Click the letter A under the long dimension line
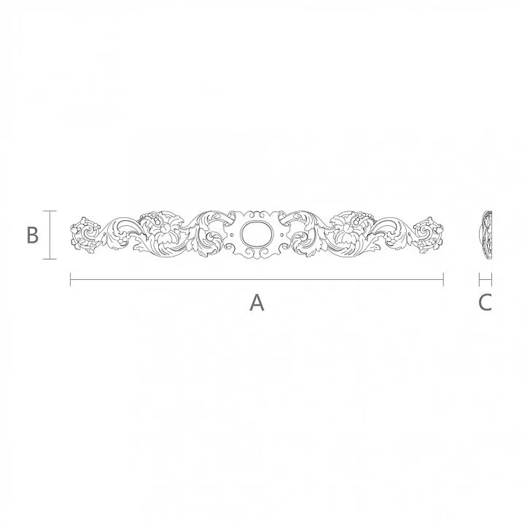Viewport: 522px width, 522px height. click(x=257, y=303)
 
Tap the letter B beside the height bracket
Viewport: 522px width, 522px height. click(x=32, y=235)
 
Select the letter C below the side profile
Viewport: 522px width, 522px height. click(x=486, y=303)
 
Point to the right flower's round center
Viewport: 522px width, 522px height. click(x=345, y=230)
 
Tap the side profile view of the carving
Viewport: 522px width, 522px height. click(x=486, y=235)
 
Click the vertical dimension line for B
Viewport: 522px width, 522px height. click(x=50, y=235)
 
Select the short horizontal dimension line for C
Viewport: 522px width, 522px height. click(x=486, y=279)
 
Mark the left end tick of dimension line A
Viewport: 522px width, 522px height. click(x=71, y=279)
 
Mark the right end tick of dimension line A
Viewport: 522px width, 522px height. click(x=443, y=279)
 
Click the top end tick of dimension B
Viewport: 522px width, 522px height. click(x=50, y=211)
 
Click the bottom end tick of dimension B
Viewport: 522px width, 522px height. click(x=50, y=259)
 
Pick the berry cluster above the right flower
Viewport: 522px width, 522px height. click(x=361, y=216)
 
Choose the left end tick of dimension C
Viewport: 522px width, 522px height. click(x=479, y=279)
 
